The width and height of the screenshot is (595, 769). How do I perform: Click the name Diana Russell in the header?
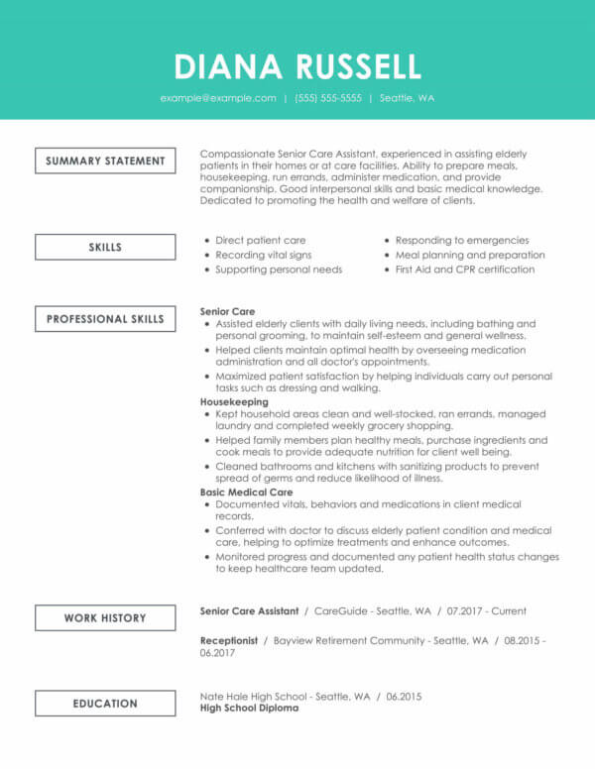pos(297,65)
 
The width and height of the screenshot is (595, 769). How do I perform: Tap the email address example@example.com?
pos(218,98)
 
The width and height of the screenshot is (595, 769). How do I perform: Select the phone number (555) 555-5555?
pos(328,98)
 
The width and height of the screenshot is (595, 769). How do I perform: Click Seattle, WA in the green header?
pos(408,98)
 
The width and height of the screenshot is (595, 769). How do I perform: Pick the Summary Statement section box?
pos(105,161)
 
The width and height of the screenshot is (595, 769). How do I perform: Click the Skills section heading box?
pos(105,247)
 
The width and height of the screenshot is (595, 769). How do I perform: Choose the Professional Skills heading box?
pos(105,319)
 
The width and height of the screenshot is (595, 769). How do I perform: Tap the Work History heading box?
pos(105,617)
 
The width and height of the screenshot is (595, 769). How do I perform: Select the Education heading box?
pos(105,704)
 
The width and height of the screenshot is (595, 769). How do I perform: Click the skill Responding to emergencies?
pos(462,240)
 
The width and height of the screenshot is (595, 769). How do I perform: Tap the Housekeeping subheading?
pos(234,403)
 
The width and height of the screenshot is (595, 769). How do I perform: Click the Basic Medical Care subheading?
pos(246,492)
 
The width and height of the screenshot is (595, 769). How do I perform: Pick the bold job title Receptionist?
pos(229,640)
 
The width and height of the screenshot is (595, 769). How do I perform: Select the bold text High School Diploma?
pos(249,709)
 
